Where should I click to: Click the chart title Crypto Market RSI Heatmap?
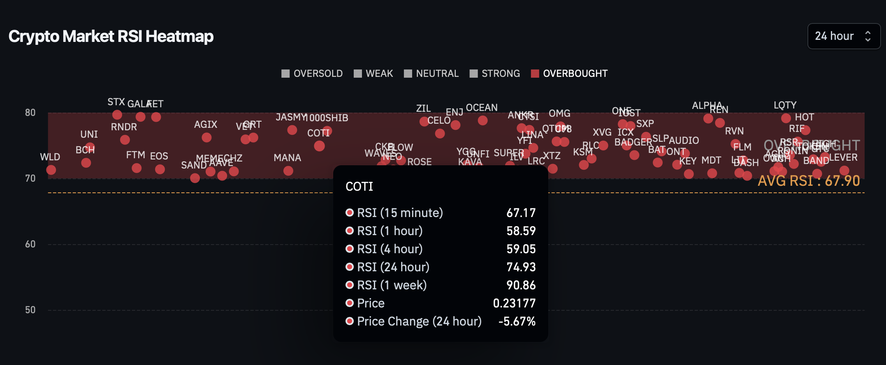[111, 36]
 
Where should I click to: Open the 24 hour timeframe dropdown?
[843, 36]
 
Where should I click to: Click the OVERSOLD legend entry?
[312, 74]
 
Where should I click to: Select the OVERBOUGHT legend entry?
[570, 74]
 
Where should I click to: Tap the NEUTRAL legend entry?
[431, 74]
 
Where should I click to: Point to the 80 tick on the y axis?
[30, 113]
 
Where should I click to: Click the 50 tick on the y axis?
[30, 310]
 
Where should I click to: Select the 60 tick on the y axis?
[30, 244]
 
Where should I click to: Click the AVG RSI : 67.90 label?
[809, 181]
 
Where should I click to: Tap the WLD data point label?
[50, 157]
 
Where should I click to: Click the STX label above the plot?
[116, 102]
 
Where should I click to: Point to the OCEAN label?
[482, 108]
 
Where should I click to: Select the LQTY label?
[785, 105]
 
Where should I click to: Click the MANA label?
[288, 158]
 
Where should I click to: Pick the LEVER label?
[843, 157]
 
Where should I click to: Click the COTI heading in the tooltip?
[360, 187]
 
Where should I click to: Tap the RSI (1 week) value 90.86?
[521, 285]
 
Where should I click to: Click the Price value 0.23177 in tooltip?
[514, 303]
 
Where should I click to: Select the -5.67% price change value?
[517, 321]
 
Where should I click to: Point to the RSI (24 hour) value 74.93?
[521, 267]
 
